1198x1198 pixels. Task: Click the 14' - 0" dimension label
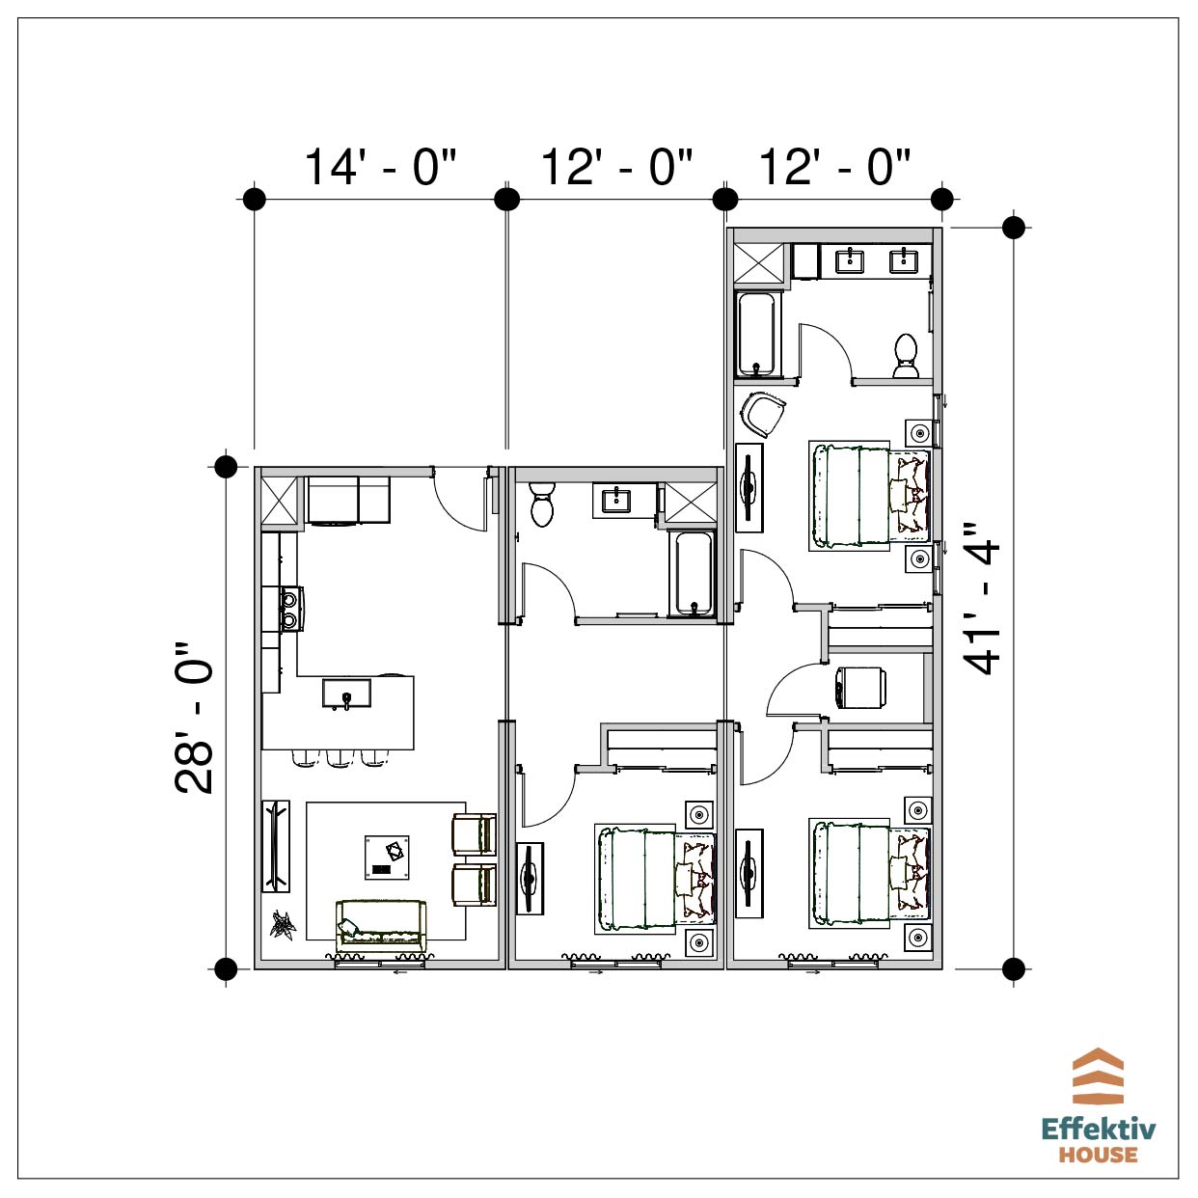[x=380, y=168]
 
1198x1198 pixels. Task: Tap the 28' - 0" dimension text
[x=194, y=718]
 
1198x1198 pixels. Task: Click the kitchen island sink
[x=346, y=694]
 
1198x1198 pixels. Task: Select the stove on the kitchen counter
[x=289, y=609]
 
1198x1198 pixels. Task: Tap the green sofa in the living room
[x=381, y=925]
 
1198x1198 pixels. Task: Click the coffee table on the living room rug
[x=387, y=858]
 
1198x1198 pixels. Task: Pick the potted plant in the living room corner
[x=283, y=924]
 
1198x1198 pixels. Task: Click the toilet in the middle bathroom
[x=542, y=503]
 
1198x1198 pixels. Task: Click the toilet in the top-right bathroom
[x=906, y=356]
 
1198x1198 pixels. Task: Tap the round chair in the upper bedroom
[x=763, y=414]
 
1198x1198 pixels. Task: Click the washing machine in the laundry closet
[x=861, y=687]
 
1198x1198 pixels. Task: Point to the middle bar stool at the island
[x=340, y=758]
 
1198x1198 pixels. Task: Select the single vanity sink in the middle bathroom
[x=616, y=500]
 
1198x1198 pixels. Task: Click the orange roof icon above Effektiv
[x=1099, y=1076]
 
